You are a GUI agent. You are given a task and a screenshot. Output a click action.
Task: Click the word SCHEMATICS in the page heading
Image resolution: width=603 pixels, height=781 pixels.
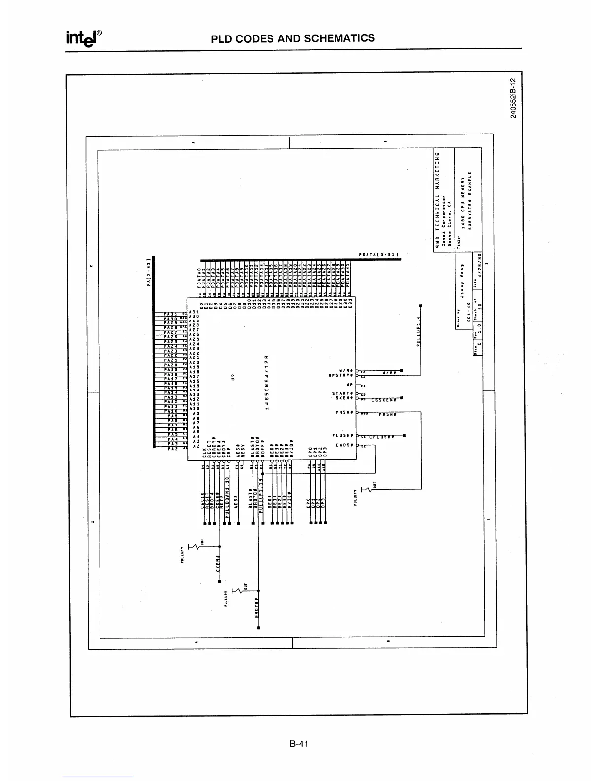[x=340, y=38]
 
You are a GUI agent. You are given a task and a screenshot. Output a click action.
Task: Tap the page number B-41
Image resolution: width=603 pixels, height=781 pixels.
[x=299, y=745]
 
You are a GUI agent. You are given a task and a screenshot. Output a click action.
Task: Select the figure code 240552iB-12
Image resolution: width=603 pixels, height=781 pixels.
[x=513, y=98]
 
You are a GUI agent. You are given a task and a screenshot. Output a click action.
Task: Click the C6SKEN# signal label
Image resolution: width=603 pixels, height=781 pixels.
[x=384, y=400]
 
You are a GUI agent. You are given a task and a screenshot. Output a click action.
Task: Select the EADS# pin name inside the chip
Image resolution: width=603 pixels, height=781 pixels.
[x=343, y=445]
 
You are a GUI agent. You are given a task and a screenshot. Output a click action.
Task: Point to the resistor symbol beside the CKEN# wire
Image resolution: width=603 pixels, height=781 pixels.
[x=199, y=546]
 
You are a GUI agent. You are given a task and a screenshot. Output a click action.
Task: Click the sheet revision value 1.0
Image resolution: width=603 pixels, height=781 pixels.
[x=479, y=340]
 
